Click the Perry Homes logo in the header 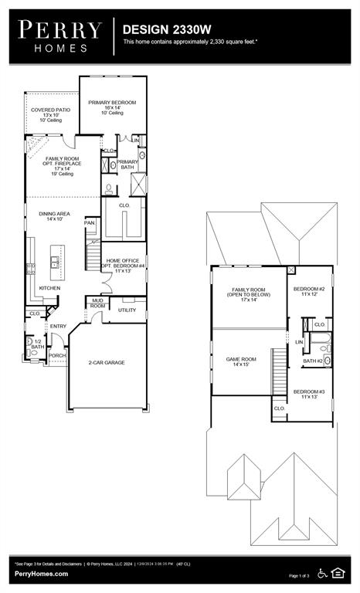point(59,36)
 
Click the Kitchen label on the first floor point(50,288)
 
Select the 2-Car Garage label point(106,362)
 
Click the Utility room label point(127,310)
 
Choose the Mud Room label point(97,303)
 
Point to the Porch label point(57,355)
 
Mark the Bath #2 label point(312,361)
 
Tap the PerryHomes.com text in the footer point(41,574)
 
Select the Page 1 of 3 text point(298,576)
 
